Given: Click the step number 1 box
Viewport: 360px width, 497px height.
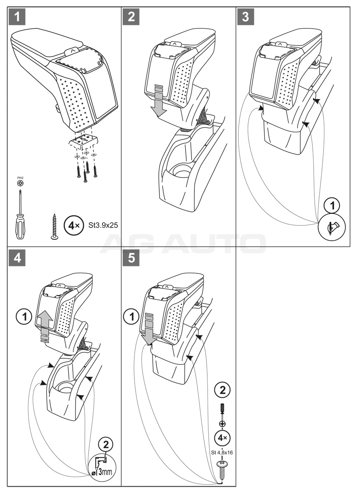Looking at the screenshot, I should (x=17, y=17).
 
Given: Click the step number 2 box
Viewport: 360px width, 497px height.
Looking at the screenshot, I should (x=132, y=17).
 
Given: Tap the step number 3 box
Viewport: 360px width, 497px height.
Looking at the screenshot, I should (x=245, y=17).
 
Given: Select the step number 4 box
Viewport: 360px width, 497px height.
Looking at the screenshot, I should (x=17, y=258).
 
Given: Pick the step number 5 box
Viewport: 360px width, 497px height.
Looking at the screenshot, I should (x=132, y=258).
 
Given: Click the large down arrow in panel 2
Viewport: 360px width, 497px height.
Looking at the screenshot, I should (x=159, y=102).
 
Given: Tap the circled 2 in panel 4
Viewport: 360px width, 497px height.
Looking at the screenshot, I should (x=105, y=444).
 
